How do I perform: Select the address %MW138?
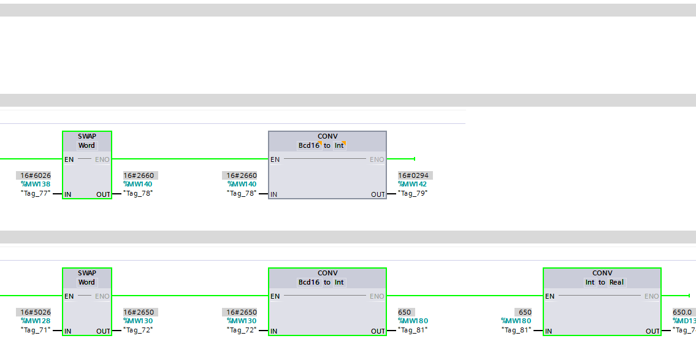click(36, 184)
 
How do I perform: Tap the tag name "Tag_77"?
click(35, 193)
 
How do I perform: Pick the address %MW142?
click(413, 184)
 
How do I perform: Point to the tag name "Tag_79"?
click(413, 193)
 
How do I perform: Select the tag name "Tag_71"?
click(35, 330)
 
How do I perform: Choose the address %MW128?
click(36, 321)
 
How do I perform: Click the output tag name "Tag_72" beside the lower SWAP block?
click(138, 330)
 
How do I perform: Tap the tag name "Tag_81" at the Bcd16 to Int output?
click(413, 330)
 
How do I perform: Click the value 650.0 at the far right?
click(683, 312)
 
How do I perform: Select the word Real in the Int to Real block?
click(616, 282)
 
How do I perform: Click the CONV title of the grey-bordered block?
click(327, 136)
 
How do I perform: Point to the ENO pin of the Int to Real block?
click(651, 296)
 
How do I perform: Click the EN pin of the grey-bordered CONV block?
click(275, 159)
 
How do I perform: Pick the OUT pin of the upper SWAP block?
click(103, 194)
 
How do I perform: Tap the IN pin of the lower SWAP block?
click(68, 331)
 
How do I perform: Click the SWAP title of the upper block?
click(87, 136)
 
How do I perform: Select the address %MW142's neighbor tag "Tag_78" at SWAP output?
click(138, 193)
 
